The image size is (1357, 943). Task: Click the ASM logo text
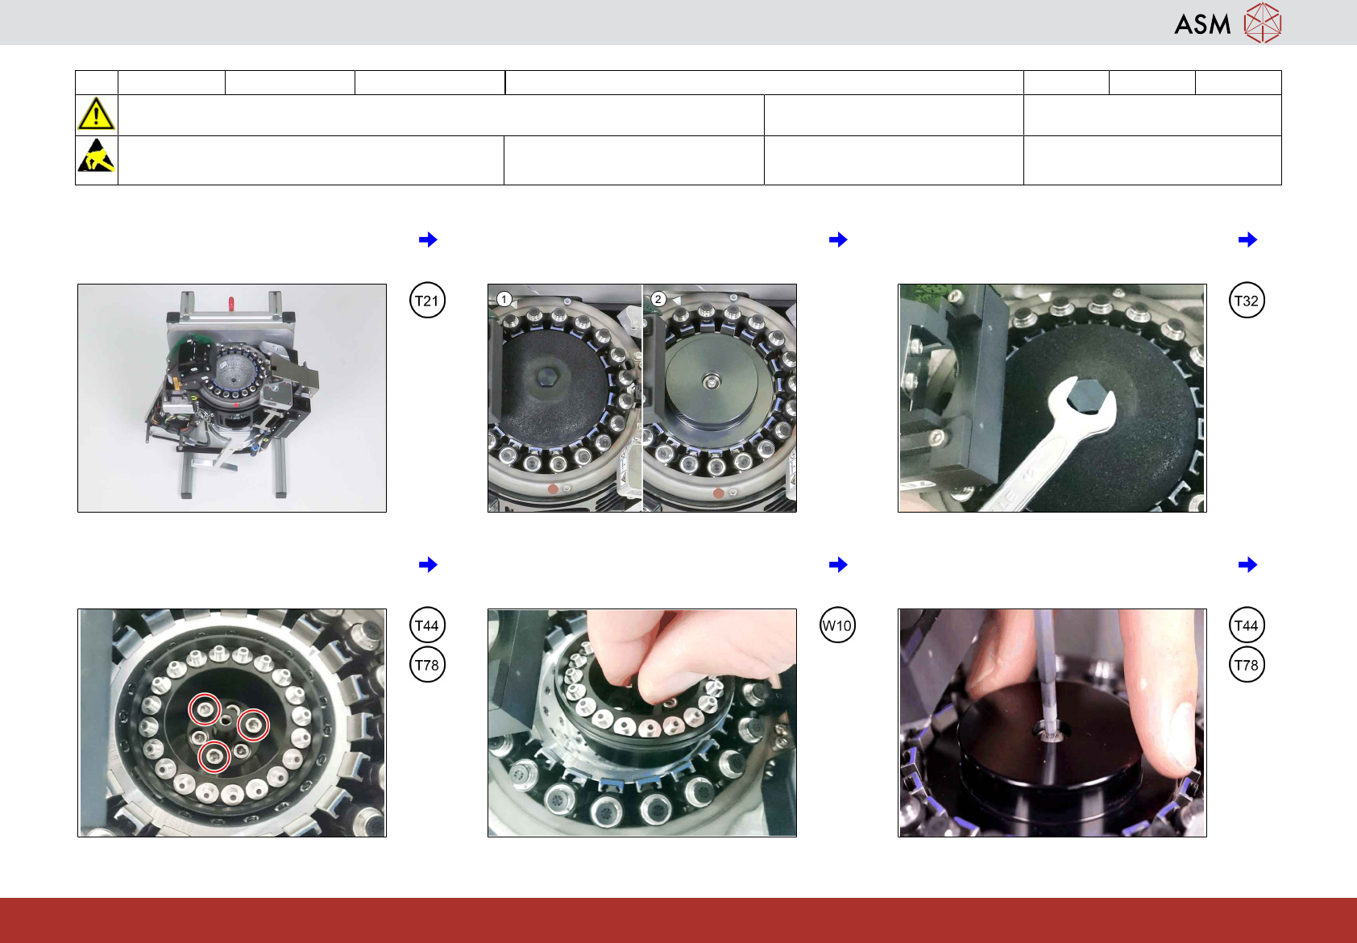tap(1202, 25)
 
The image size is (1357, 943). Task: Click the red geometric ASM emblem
tap(1263, 23)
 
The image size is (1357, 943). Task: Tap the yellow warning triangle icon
tap(96, 114)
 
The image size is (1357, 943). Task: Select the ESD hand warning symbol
tap(96, 156)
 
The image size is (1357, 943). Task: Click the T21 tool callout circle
tap(427, 301)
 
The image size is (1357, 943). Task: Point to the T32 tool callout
tap(1247, 301)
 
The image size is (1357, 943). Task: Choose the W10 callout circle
tap(837, 625)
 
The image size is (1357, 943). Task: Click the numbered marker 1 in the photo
tap(504, 299)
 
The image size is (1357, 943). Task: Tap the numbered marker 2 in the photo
tap(658, 299)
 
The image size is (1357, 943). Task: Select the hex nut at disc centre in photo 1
tap(549, 377)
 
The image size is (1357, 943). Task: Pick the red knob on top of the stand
tap(231, 301)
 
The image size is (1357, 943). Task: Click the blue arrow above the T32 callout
tap(1247, 240)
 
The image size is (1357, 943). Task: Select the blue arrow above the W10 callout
tap(838, 565)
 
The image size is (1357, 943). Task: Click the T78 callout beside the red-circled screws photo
tap(427, 665)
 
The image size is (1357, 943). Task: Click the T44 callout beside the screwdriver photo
tap(1247, 625)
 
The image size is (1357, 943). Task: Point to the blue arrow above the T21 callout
tap(428, 240)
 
